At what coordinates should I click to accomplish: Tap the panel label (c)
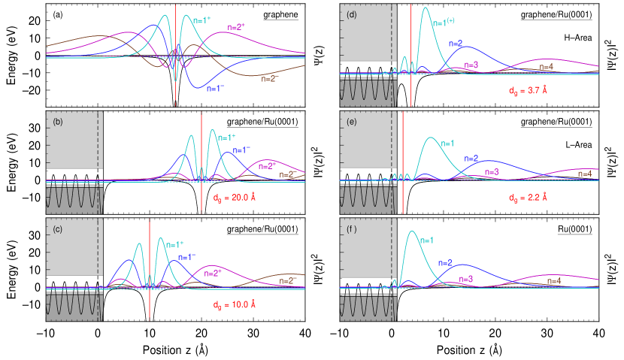pyautogui.click(x=56, y=229)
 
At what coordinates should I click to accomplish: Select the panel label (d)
pyautogui.click(x=351, y=14)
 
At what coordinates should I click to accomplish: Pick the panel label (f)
pyautogui.click(x=351, y=229)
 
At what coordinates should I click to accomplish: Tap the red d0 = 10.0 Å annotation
pyautogui.click(x=235, y=305)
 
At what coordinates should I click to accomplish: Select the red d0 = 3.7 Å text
pyautogui.click(x=527, y=91)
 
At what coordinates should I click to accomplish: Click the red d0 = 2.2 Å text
pyautogui.click(x=527, y=198)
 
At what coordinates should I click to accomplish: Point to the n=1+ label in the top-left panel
pyautogui.click(x=201, y=20)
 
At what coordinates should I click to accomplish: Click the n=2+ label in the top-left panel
pyautogui.click(x=237, y=26)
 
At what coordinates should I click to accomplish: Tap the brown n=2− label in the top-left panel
pyautogui.click(x=268, y=78)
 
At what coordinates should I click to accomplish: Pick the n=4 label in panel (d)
pyautogui.click(x=547, y=67)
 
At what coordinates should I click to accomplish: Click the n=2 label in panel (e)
pyautogui.click(x=471, y=159)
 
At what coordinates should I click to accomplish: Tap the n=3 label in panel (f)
pyautogui.click(x=466, y=279)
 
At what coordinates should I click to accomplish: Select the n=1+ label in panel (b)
pyautogui.click(x=226, y=138)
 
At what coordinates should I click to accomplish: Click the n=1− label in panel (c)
pyautogui.click(x=187, y=256)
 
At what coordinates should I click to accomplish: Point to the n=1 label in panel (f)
pyautogui.click(x=426, y=241)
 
